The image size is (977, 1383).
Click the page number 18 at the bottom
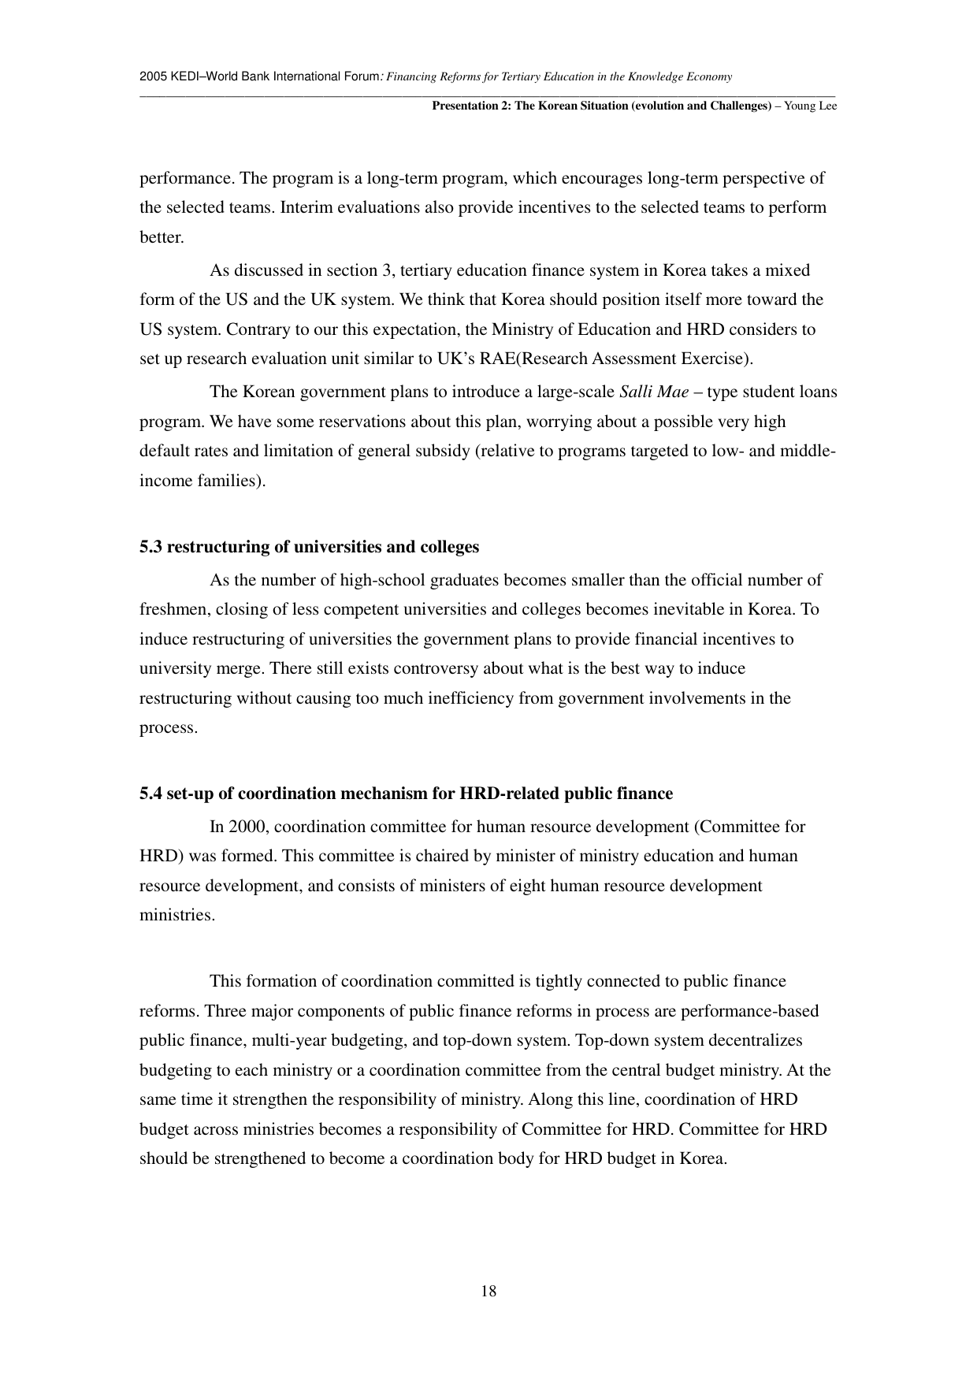tap(489, 1291)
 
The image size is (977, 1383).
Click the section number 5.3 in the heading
tap(150, 547)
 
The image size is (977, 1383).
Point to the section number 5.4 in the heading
tap(150, 794)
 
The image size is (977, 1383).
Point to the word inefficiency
tap(456, 698)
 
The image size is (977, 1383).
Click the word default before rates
tap(165, 451)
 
